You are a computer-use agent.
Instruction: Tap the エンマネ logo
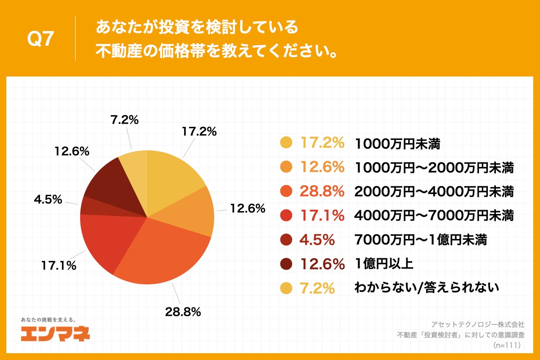(x=55, y=333)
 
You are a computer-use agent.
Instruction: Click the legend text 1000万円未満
(x=397, y=144)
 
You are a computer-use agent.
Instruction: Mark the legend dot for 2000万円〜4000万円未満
(x=286, y=192)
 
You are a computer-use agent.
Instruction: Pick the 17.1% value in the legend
(x=322, y=216)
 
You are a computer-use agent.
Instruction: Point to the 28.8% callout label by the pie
(x=182, y=312)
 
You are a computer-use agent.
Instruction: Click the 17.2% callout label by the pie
(x=199, y=131)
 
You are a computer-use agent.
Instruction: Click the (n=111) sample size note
(x=507, y=345)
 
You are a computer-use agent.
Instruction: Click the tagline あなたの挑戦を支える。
(x=48, y=319)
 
